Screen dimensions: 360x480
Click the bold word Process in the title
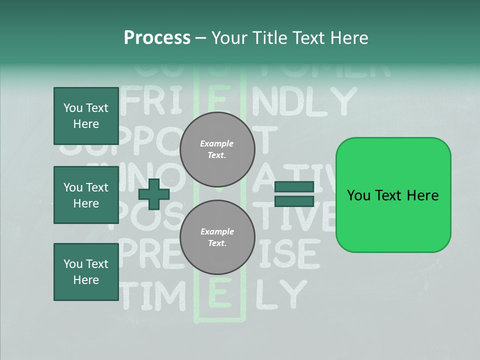[157, 38]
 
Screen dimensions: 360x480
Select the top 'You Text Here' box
[86, 116]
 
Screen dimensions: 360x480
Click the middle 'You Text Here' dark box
[86, 195]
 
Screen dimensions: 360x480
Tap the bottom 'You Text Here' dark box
[86, 272]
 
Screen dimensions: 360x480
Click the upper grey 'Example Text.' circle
[217, 149]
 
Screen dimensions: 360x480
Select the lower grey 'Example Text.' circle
[217, 237]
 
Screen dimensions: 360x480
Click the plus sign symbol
[154, 194]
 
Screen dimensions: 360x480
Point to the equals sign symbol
[294, 194]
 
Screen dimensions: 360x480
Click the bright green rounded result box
[393, 195]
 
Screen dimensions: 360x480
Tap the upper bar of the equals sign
[294, 186]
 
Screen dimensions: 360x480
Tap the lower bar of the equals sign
[294, 201]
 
